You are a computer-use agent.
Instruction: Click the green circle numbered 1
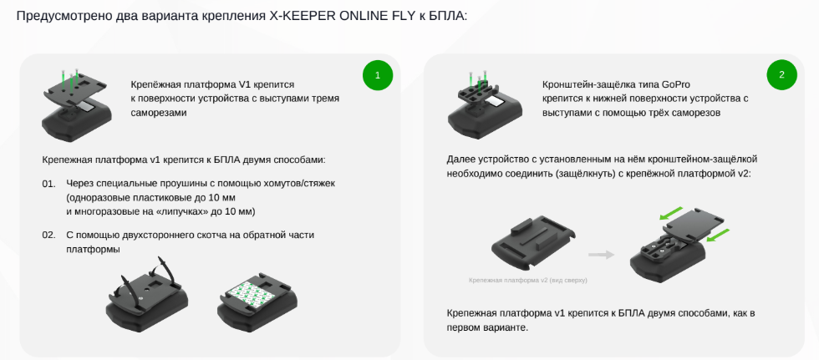click(x=378, y=74)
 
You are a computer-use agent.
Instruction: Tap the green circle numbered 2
click(x=782, y=74)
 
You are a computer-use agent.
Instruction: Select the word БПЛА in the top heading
click(x=448, y=16)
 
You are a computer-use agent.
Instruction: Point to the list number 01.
click(x=48, y=184)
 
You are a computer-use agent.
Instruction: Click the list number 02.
click(x=48, y=236)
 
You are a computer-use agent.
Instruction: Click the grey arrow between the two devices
click(x=601, y=255)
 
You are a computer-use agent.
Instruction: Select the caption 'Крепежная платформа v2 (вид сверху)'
click(x=528, y=280)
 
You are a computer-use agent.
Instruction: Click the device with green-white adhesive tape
click(x=257, y=300)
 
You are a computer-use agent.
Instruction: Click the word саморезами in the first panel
click(x=158, y=113)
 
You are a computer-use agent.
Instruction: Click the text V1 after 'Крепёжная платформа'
click(x=246, y=84)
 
